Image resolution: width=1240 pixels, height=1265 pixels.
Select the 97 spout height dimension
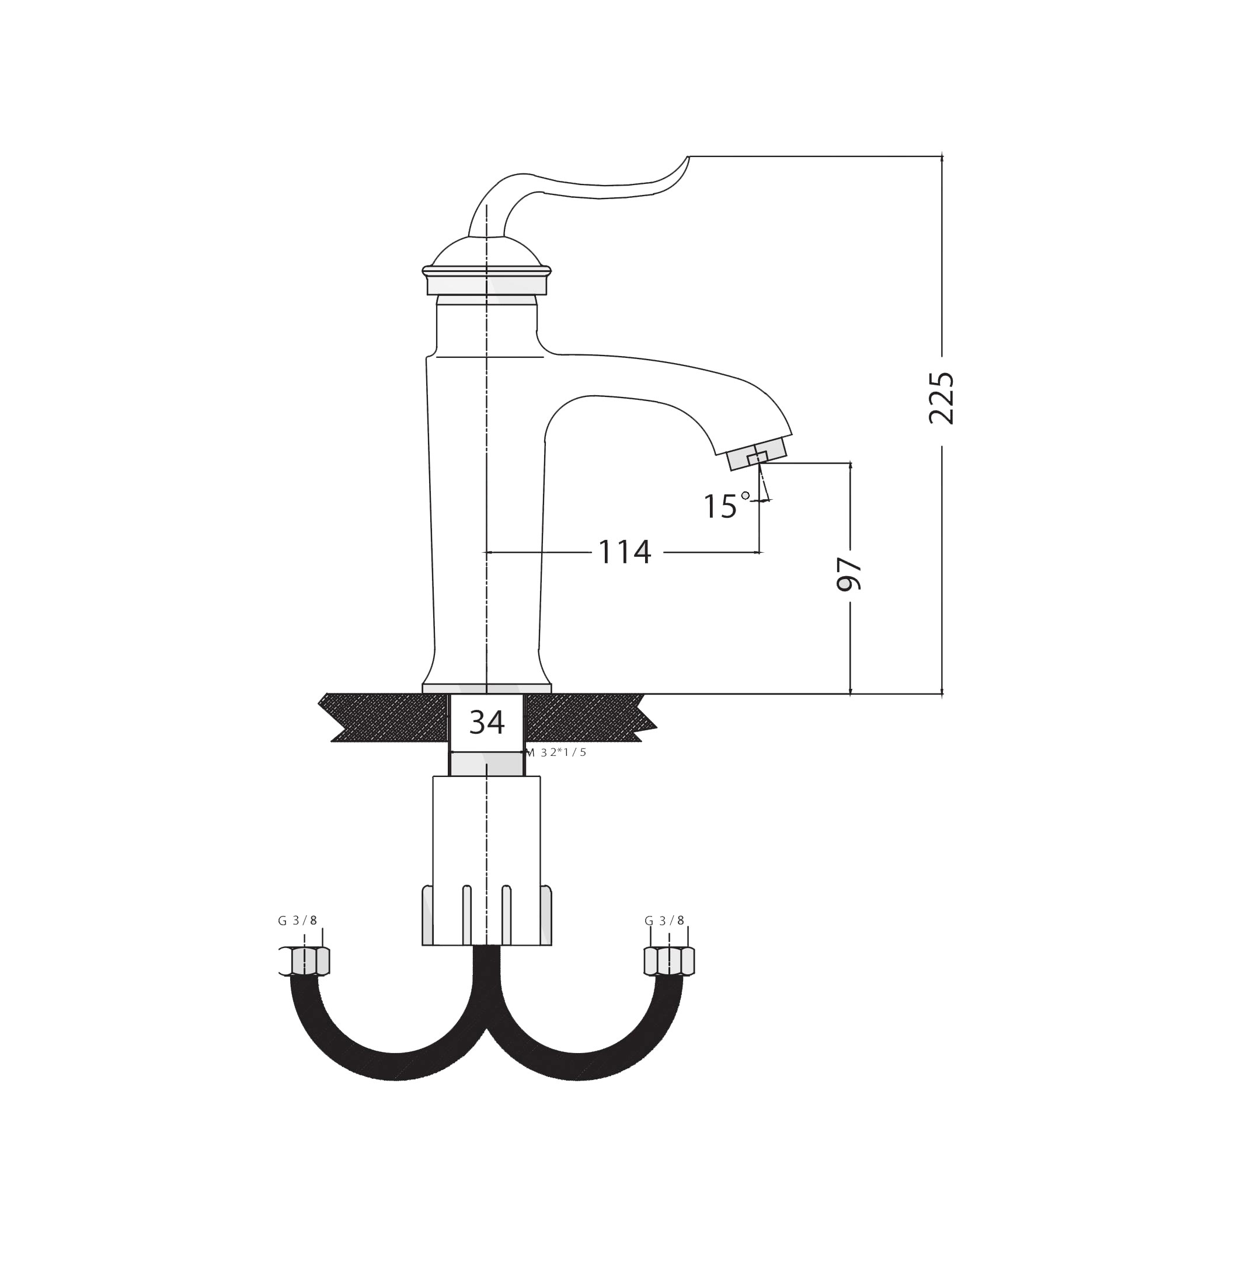(849, 574)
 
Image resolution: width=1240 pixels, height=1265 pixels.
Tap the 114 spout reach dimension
(625, 553)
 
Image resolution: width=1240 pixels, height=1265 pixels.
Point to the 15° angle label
(726, 506)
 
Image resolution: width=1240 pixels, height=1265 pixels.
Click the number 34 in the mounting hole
(486, 722)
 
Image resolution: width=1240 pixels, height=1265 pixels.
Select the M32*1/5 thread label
(556, 752)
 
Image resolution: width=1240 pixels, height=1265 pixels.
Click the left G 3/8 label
(298, 921)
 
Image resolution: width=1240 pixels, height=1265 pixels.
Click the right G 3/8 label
(664, 921)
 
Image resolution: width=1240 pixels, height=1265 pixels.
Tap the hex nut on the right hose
(670, 961)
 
